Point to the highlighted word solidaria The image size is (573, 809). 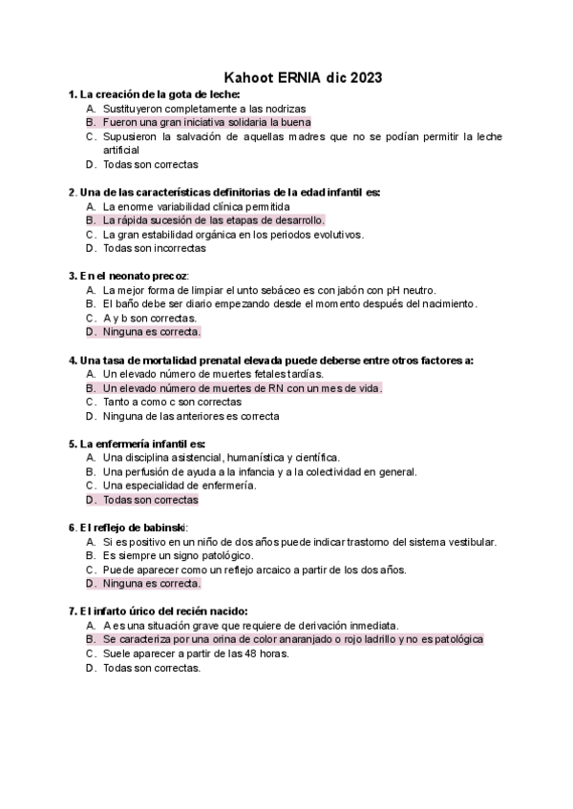tap(244, 123)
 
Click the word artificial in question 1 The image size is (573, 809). tap(121, 150)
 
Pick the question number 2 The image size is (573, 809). tap(73, 193)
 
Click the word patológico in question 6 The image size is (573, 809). tap(223, 555)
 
